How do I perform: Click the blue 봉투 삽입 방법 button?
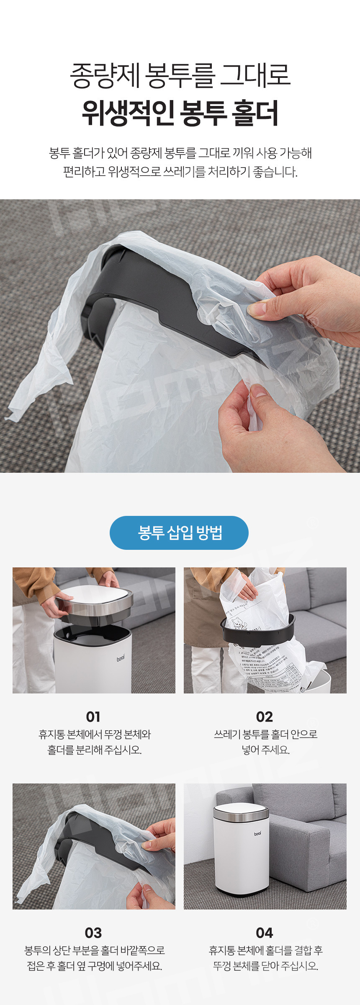tap(179, 533)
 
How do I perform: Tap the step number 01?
tap(93, 717)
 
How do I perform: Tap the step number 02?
tap(265, 717)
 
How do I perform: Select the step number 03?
tap(93, 933)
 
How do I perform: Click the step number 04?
tap(265, 933)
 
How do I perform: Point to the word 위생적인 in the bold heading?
tap(128, 113)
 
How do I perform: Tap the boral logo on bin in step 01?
tap(121, 659)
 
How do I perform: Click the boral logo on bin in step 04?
tap(258, 834)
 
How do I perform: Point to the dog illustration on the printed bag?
tap(239, 626)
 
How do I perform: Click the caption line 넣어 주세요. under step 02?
tap(265, 750)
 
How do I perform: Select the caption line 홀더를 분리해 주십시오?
tap(95, 750)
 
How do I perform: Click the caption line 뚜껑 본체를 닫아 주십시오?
tap(265, 966)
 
